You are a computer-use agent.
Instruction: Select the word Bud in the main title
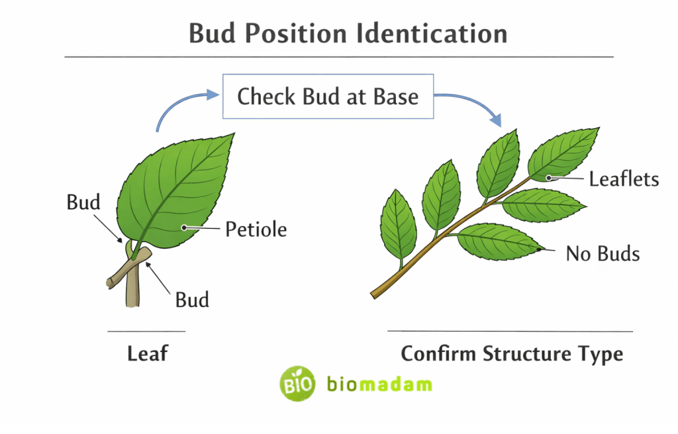tap(211, 33)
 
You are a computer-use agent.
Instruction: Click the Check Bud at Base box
tap(328, 97)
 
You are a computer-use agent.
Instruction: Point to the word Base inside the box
tap(396, 97)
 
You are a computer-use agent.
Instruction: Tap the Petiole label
tap(256, 230)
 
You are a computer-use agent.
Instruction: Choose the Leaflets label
tap(624, 179)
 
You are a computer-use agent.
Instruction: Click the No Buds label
tap(603, 253)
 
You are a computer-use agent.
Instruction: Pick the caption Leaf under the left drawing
tap(147, 353)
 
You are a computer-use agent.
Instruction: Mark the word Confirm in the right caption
tap(438, 353)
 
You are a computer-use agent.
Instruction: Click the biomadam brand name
tap(379, 384)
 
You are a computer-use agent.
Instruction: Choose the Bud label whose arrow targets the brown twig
tap(192, 300)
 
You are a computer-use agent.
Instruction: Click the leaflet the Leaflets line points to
tap(563, 155)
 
